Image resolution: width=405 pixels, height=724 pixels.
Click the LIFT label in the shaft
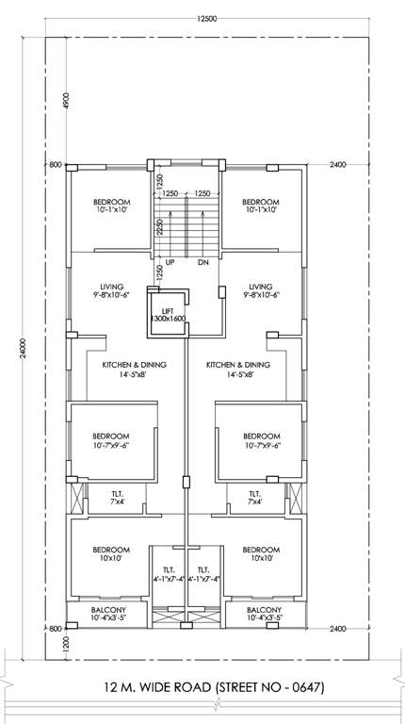click(169, 310)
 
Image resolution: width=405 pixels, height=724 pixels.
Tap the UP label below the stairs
click(170, 262)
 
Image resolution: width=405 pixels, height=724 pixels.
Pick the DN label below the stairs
click(202, 262)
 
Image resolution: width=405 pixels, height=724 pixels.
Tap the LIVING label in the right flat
click(261, 286)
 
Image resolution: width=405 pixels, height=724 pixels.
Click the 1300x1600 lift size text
click(169, 320)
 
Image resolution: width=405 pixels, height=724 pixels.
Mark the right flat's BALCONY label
click(262, 610)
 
